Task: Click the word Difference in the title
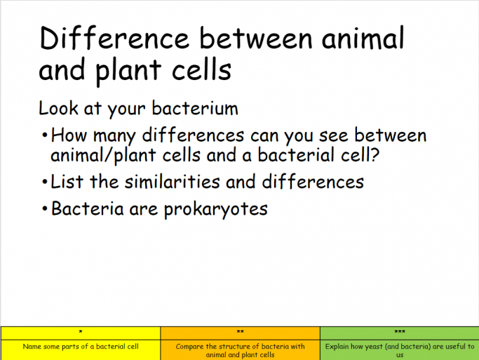[x=114, y=38]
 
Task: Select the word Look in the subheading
[x=58, y=108]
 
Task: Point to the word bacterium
[x=195, y=108]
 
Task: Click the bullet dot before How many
[x=45, y=135]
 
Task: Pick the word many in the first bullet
[x=114, y=136]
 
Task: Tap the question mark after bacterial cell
[x=375, y=154]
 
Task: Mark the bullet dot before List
[x=45, y=182]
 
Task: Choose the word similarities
[x=172, y=182]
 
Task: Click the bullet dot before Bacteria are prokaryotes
[x=45, y=209]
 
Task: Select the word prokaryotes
[x=216, y=210]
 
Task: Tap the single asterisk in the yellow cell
[x=81, y=332]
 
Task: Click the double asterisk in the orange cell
[x=240, y=332]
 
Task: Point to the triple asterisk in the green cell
[x=400, y=332]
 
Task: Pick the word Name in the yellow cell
[x=32, y=347]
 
